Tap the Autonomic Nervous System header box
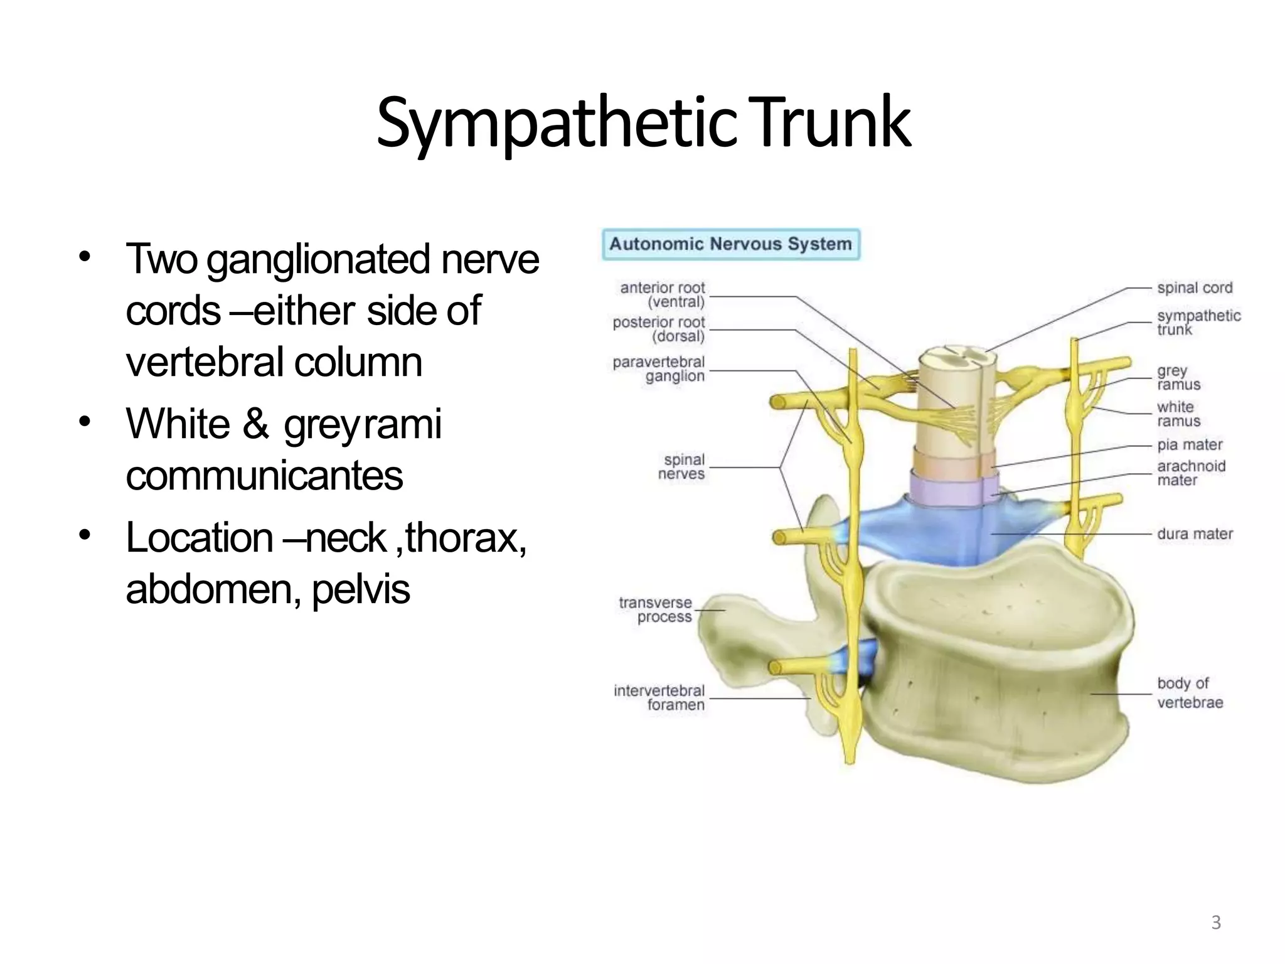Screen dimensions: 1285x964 pyautogui.click(x=730, y=244)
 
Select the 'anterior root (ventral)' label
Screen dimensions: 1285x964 pyautogui.click(x=663, y=295)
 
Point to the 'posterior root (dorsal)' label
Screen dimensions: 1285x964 pyautogui.click(x=659, y=329)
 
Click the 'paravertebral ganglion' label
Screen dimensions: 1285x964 pyautogui.click(x=659, y=369)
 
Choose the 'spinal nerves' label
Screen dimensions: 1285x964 pyautogui.click(x=682, y=467)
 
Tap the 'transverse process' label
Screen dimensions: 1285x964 pyautogui.click(x=656, y=610)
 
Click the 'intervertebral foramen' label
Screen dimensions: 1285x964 pyautogui.click(x=659, y=698)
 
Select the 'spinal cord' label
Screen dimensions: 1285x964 pyautogui.click(x=1195, y=288)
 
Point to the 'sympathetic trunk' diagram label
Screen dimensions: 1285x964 pyautogui.click(x=1198, y=323)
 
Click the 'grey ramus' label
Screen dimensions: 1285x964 pyautogui.click(x=1178, y=378)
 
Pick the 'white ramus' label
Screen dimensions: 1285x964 pyautogui.click(x=1178, y=414)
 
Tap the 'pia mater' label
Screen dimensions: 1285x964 pyautogui.click(x=1190, y=445)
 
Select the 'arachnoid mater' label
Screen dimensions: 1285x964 pyautogui.click(x=1191, y=473)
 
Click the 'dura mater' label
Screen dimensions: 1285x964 pyautogui.click(x=1195, y=534)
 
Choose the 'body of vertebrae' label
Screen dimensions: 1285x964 pyautogui.click(x=1190, y=693)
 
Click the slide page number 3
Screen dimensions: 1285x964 pyautogui.click(x=1216, y=923)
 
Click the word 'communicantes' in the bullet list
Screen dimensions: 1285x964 pyautogui.click(x=264, y=476)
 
